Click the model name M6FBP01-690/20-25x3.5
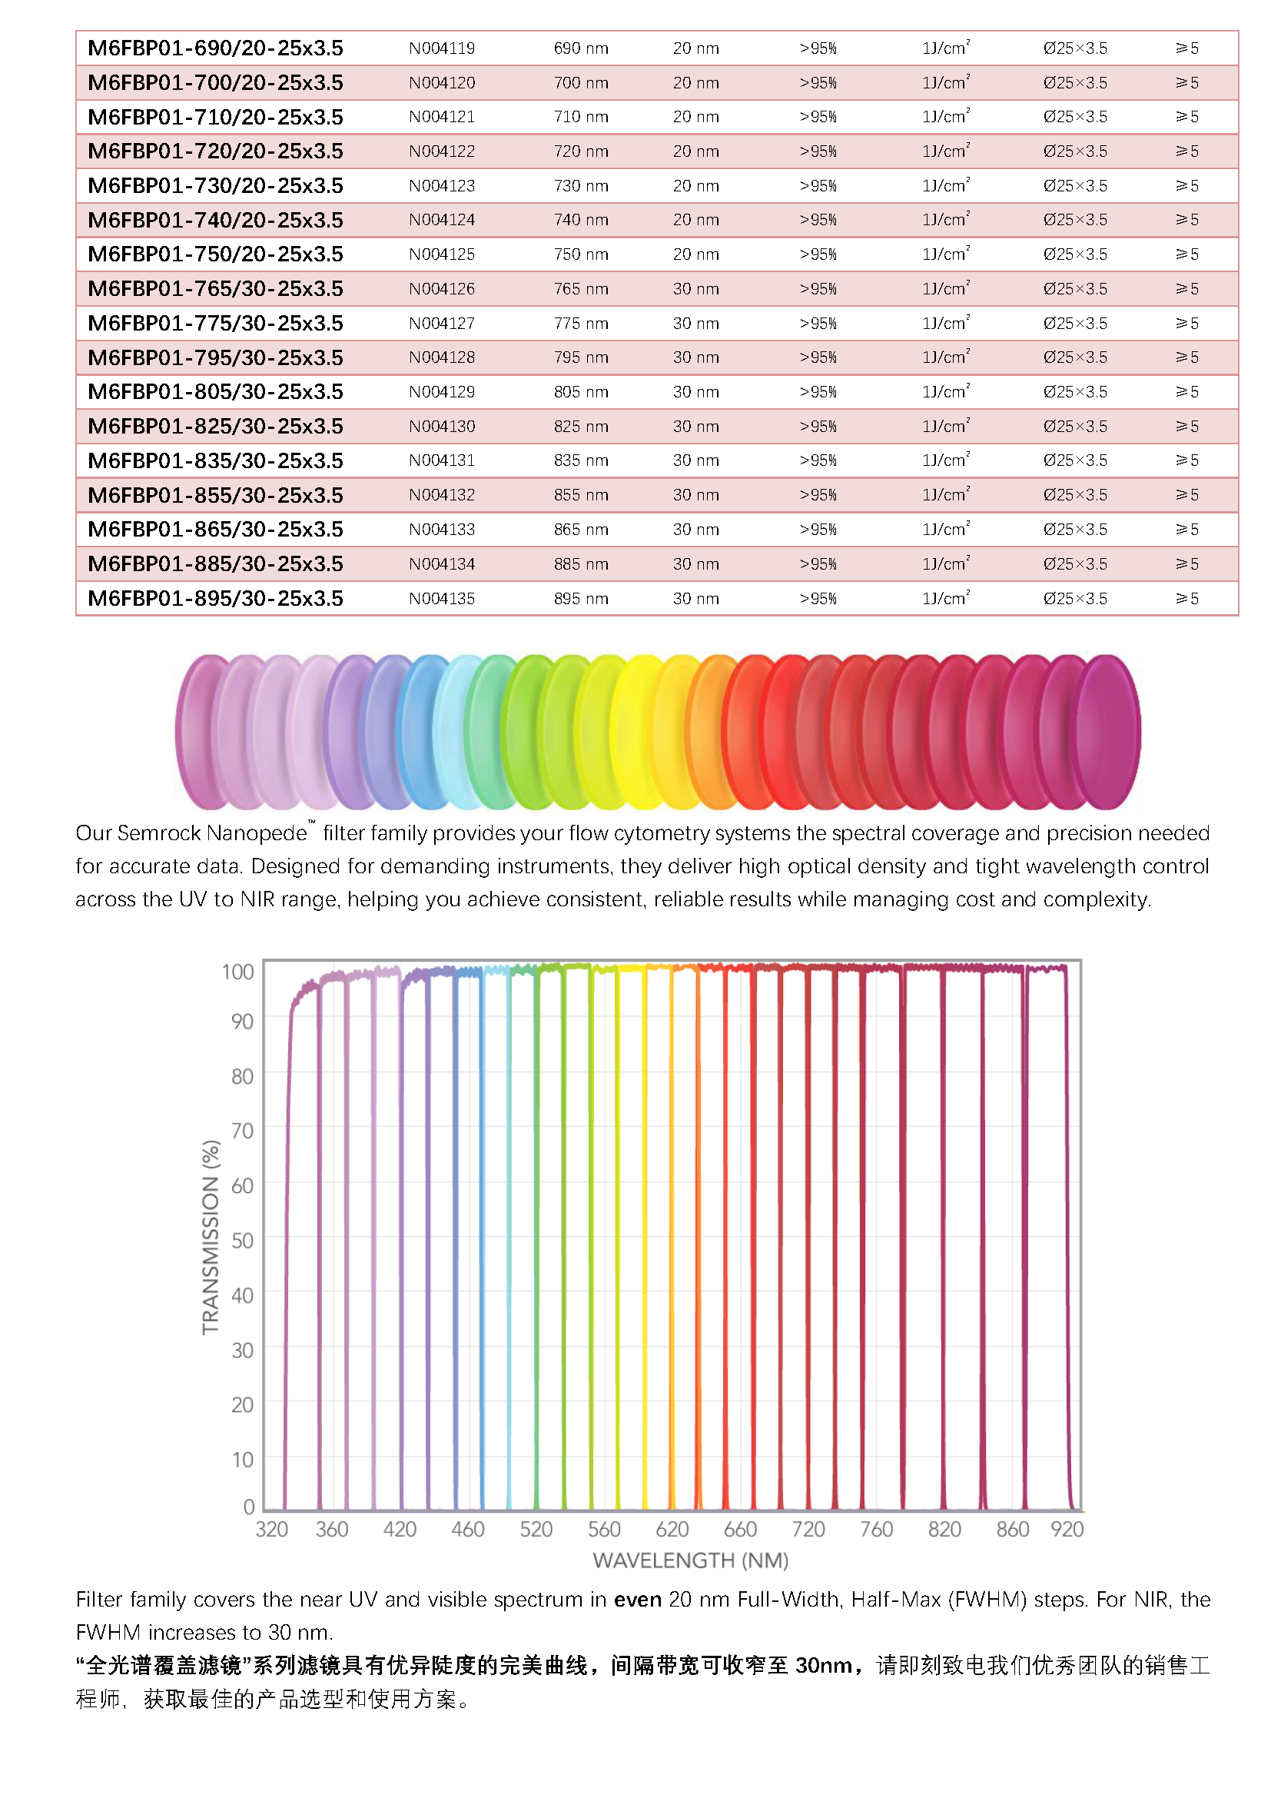tap(215, 48)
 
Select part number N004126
tap(441, 289)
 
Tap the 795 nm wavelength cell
tap(581, 358)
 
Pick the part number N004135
tap(441, 599)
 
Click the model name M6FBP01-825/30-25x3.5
tap(215, 427)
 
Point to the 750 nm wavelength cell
tap(581, 254)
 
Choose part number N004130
tap(441, 427)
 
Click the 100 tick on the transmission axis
tap(238, 972)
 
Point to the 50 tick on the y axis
tap(243, 1241)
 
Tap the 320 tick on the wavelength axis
tap(271, 1530)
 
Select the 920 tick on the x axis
tap(1067, 1530)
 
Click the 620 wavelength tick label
tap(672, 1530)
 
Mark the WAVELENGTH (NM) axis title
tap(690, 1560)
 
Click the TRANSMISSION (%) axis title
tap(211, 1238)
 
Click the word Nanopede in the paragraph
tap(265, 833)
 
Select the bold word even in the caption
tap(637, 1599)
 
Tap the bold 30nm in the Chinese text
tap(823, 1665)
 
